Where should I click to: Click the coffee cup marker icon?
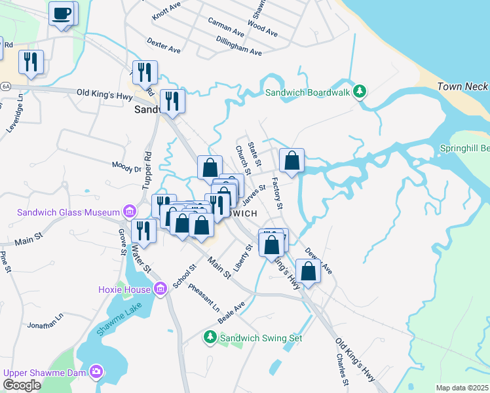(x=63, y=14)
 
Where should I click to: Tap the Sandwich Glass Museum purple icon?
(x=129, y=212)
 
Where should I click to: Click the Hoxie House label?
(x=124, y=289)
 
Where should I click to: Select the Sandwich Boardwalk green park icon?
(x=359, y=92)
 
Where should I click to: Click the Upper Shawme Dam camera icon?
(x=96, y=372)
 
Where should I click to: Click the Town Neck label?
(x=462, y=86)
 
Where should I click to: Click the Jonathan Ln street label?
(x=45, y=320)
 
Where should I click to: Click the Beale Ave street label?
(x=231, y=312)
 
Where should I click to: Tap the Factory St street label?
(x=276, y=193)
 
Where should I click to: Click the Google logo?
(x=22, y=385)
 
